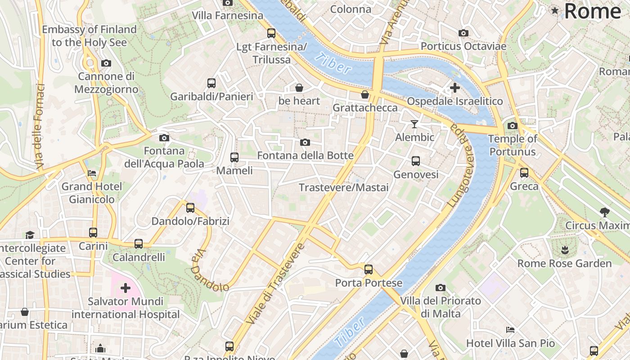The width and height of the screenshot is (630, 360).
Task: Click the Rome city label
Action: click(x=592, y=11)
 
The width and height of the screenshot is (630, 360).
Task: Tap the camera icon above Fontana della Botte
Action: click(x=305, y=143)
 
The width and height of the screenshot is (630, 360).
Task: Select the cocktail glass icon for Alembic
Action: click(x=414, y=124)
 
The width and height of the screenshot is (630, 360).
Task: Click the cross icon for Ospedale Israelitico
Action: click(x=455, y=88)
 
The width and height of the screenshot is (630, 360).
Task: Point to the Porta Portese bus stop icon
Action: click(x=369, y=270)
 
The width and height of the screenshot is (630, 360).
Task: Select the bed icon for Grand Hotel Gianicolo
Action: click(x=92, y=173)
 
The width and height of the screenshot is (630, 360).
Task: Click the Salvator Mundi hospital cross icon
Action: click(x=126, y=288)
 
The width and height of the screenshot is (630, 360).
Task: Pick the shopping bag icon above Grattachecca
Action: click(x=365, y=94)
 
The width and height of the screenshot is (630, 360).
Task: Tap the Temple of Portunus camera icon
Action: click(x=513, y=126)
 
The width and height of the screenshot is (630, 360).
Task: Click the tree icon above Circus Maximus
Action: click(x=604, y=212)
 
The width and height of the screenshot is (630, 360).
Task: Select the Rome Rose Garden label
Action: click(x=564, y=264)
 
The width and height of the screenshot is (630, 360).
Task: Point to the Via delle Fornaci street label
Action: click(x=39, y=127)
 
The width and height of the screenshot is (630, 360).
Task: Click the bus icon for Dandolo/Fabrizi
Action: click(x=190, y=208)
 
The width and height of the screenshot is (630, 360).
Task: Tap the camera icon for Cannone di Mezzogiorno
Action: click(x=106, y=63)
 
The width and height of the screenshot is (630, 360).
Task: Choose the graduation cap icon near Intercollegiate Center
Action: click(x=30, y=235)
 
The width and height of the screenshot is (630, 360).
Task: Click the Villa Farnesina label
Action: click(x=228, y=15)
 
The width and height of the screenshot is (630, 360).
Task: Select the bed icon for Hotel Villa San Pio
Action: click(x=510, y=330)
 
